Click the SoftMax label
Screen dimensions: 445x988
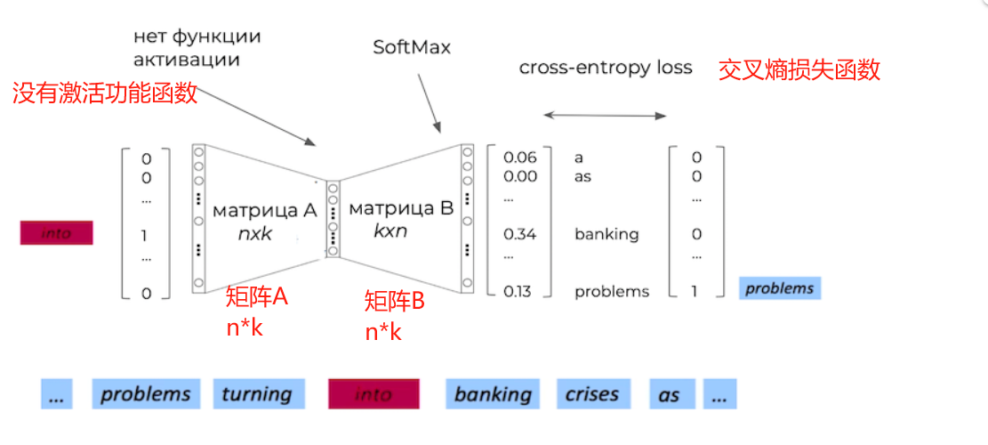[412, 47]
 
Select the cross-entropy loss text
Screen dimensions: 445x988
[606, 68]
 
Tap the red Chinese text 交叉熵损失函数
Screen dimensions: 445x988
[799, 70]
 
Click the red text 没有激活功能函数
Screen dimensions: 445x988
[105, 93]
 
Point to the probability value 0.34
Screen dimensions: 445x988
[520, 235]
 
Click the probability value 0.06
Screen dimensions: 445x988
[520, 158]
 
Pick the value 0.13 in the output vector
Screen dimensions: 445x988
[520, 291]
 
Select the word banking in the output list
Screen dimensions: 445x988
[606, 235]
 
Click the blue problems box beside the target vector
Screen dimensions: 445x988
[779, 288]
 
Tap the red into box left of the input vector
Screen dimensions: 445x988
[56, 234]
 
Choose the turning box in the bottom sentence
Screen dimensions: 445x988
[258, 393]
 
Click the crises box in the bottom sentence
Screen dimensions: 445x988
[592, 393]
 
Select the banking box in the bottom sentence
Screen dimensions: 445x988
[493, 393]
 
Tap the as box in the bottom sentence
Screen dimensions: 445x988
[670, 393]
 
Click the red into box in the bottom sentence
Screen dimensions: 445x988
[374, 393]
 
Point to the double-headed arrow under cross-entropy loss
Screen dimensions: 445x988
[605, 115]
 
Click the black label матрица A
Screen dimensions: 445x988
[264, 211]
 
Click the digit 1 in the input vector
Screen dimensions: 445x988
[146, 236]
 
